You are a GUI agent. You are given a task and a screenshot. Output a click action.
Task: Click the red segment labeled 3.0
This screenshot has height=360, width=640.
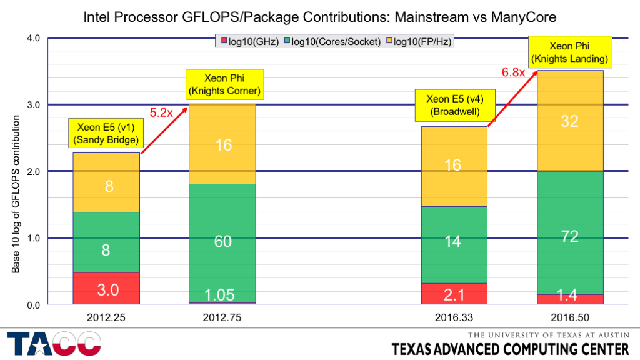(x=106, y=288)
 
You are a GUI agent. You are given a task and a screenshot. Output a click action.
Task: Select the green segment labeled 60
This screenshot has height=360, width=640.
(x=223, y=242)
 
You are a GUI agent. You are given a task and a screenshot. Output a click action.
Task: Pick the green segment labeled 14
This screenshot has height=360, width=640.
(x=454, y=244)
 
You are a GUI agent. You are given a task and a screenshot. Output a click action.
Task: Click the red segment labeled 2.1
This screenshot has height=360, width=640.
(x=454, y=294)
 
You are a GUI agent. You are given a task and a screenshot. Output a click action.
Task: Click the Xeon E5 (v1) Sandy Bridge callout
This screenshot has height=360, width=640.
(x=106, y=133)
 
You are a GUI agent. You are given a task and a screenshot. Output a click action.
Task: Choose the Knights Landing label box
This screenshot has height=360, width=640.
(x=571, y=52)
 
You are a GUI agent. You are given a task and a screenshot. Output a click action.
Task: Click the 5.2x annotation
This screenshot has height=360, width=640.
(x=160, y=113)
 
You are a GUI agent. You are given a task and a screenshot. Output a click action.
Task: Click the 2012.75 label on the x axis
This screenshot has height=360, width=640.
(x=222, y=317)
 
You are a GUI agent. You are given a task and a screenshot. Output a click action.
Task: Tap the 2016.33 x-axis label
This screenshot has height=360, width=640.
(x=453, y=317)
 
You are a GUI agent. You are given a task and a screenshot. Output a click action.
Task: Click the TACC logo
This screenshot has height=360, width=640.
(x=54, y=345)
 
